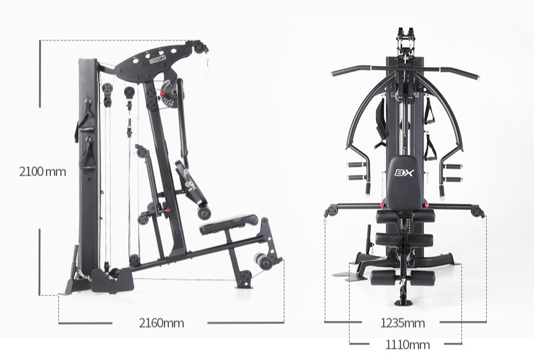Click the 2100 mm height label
43,172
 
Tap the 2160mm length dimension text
161,323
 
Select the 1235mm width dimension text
402,323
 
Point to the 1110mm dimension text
407,344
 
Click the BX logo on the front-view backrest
404,173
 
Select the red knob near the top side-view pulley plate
163,93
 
